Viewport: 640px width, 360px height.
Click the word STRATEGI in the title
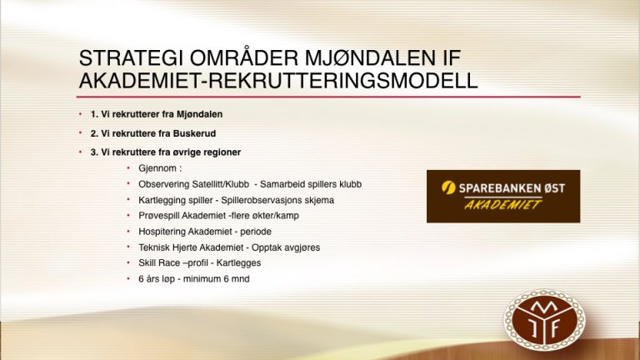point(131,58)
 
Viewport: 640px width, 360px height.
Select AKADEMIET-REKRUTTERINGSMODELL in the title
point(278,80)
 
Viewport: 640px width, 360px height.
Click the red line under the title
point(328,97)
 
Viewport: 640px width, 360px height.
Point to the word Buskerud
point(194,133)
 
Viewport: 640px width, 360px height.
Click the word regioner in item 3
point(222,152)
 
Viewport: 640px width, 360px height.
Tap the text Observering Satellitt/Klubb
point(193,184)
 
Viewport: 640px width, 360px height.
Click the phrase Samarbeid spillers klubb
point(311,184)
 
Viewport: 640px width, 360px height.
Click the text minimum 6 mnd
point(217,279)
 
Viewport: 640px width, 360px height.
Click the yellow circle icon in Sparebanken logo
point(448,187)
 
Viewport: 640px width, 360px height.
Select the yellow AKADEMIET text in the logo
point(503,205)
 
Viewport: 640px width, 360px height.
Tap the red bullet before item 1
point(80,114)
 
